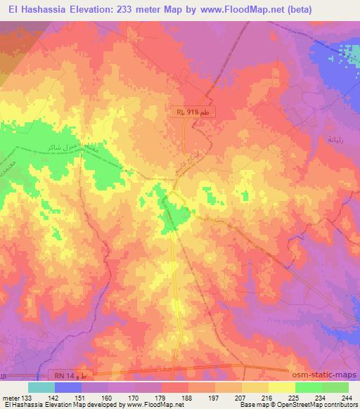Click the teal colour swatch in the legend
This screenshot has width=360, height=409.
coord(41,387)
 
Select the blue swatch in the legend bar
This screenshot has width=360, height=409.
coord(68,387)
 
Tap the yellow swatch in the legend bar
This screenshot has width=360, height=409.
coord(282,387)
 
